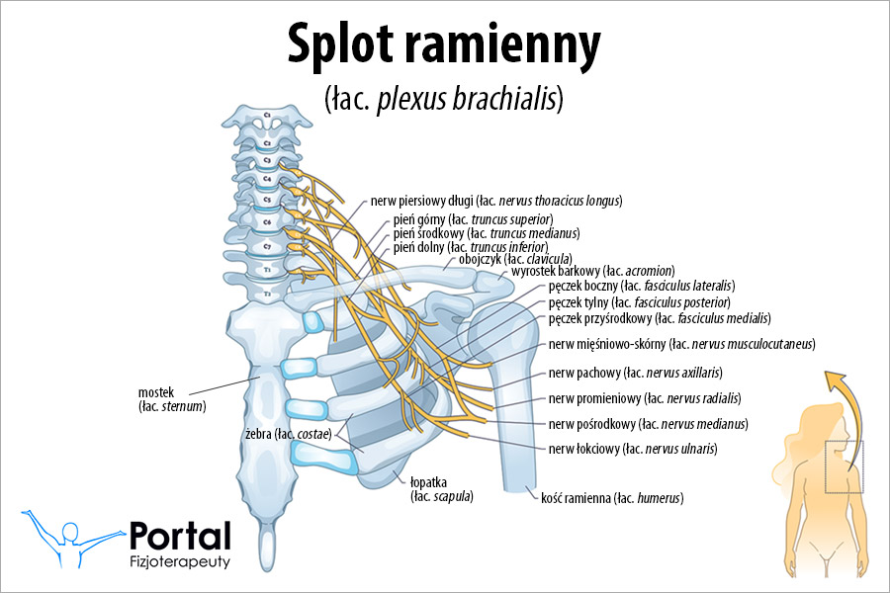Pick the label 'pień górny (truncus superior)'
pyautogui.click(x=473, y=218)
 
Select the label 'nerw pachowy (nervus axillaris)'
pyautogui.click(x=634, y=373)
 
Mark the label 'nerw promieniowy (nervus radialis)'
pyautogui.click(x=644, y=398)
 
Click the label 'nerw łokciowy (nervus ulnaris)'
pyautogui.click(x=632, y=449)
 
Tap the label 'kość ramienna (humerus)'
pyautogui.click(x=612, y=498)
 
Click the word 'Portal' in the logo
pyautogui.click(x=180, y=536)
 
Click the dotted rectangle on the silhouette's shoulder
pyautogui.click(x=844, y=466)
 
